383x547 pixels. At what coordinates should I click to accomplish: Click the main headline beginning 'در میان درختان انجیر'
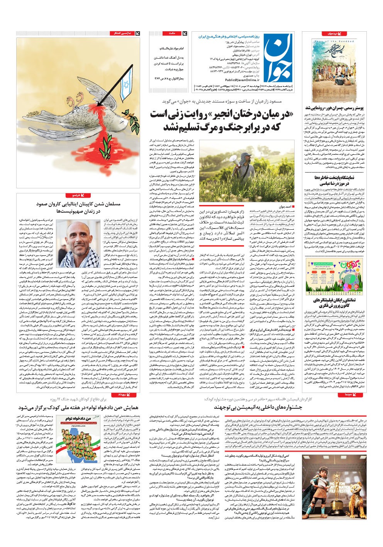[222, 120]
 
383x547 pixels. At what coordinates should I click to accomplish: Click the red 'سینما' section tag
[347, 395]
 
